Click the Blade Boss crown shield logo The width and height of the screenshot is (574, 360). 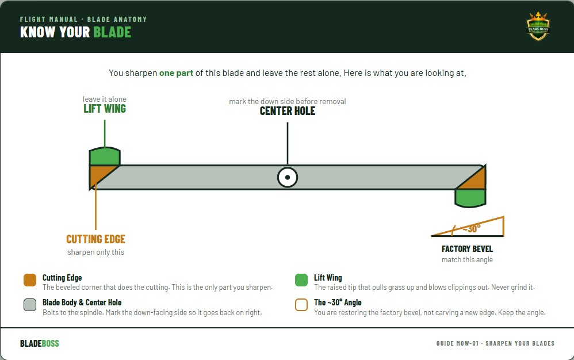[x=538, y=26]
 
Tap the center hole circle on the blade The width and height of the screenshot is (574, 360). [x=288, y=178]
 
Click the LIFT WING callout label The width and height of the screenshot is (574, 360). [x=105, y=109]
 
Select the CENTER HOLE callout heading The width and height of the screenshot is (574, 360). [x=288, y=111]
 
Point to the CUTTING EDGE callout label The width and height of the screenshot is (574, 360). [x=95, y=239]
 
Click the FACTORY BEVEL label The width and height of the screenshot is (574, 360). [x=467, y=249]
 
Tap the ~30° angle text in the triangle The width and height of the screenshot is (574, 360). [x=472, y=229]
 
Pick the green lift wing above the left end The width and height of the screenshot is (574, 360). [x=105, y=156]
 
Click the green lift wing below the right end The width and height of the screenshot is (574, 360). [x=470, y=198]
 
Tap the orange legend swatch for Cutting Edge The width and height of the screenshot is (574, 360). [x=30, y=280]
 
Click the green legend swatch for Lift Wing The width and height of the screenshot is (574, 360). [x=301, y=280]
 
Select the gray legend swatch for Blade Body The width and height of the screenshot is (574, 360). [x=30, y=305]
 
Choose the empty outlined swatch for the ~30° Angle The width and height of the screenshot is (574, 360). [x=301, y=305]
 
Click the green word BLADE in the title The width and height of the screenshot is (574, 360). [x=112, y=32]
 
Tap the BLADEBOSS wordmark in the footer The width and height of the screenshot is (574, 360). [x=40, y=343]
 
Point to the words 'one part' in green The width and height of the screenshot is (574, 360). [x=176, y=73]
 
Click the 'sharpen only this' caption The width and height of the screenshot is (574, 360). [x=95, y=252]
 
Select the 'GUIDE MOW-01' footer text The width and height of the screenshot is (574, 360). [x=457, y=343]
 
